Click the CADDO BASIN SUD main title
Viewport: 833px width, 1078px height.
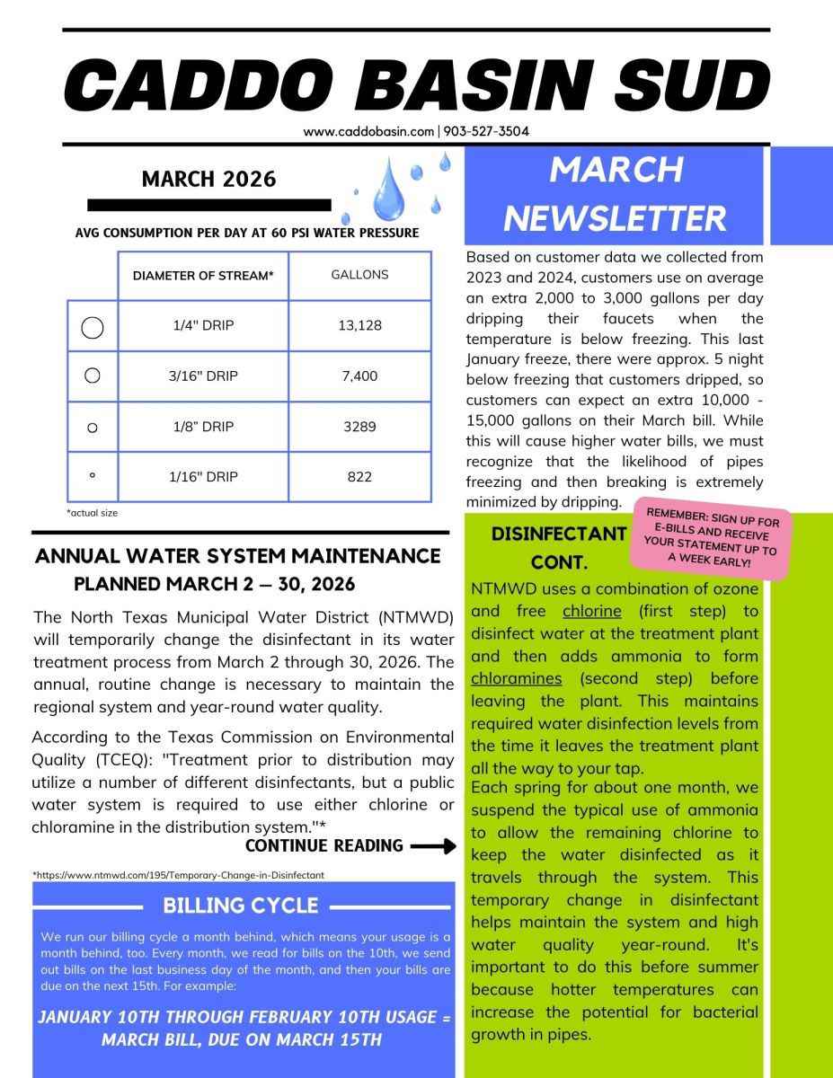click(x=416, y=86)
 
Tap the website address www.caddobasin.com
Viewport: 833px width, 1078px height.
click(x=368, y=131)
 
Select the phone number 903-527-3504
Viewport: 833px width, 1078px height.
click(x=485, y=131)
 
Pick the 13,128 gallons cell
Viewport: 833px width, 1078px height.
click(x=359, y=325)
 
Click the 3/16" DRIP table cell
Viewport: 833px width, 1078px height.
click(x=203, y=376)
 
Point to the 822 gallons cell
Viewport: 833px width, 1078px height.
click(x=359, y=477)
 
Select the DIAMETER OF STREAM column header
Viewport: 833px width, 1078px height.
click(x=203, y=276)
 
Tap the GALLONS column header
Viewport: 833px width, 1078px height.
click(x=359, y=275)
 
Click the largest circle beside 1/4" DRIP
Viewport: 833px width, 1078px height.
click(x=93, y=327)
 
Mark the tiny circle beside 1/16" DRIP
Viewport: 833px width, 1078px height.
click(x=93, y=477)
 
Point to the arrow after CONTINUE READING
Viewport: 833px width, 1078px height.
click(x=435, y=846)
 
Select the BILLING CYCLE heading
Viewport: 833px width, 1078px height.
click(x=241, y=905)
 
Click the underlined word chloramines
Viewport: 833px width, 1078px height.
click(x=516, y=678)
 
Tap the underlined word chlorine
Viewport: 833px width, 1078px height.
click(x=591, y=611)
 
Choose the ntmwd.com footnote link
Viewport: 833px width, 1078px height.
click(x=178, y=874)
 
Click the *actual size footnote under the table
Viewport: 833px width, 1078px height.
click(x=92, y=513)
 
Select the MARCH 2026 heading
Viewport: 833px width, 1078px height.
click(x=208, y=179)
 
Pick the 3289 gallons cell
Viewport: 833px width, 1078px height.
click(x=359, y=427)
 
